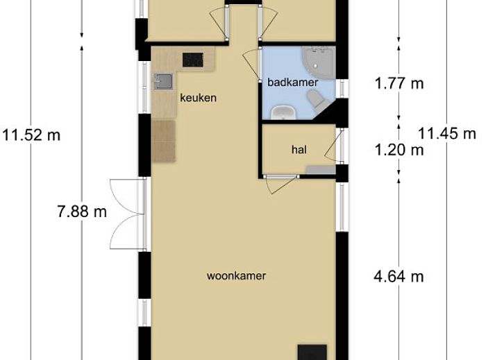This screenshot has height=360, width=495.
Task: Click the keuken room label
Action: click(199, 98)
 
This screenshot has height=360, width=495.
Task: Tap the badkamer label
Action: click(293, 83)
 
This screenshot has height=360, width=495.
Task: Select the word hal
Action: click(299, 150)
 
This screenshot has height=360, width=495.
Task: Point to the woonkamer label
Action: click(236, 276)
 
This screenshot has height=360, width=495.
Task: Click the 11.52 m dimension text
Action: click(31, 135)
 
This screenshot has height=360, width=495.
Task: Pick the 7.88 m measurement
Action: click(82, 211)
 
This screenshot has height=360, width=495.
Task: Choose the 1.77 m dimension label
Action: click(399, 84)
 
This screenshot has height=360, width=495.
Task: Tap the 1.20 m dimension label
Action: click(399, 150)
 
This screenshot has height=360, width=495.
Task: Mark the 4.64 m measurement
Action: click(398, 277)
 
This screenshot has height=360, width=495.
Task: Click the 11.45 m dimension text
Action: click(447, 133)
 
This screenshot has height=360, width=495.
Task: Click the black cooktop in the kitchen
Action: click(192, 60)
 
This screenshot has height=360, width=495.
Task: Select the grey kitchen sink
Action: click(163, 81)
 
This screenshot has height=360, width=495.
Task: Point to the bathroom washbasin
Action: click(283, 112)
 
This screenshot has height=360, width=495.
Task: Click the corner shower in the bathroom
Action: click(319, 63)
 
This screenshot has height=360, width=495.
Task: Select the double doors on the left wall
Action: click(126, 214)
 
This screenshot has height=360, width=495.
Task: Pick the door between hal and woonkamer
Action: click(281, 184)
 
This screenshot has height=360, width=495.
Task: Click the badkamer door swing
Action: click(251, 64)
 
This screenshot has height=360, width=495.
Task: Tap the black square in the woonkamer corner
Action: click(312, 352)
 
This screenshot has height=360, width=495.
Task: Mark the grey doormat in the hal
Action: click(320, 169)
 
